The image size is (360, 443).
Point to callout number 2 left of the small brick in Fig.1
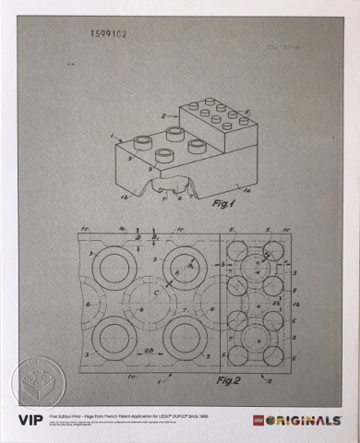pyautogui.click(x=163, y=117)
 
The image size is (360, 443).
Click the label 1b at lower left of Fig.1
pyautogui.click(x=124, y=195)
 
